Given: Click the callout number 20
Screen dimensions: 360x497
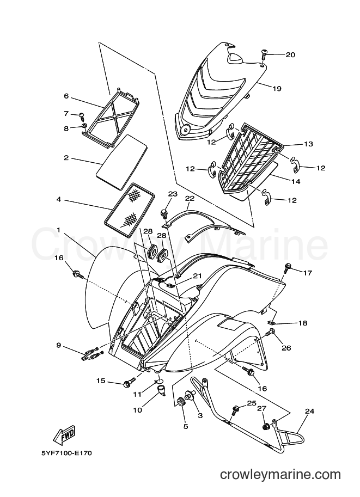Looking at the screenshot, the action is [x=290, y=55].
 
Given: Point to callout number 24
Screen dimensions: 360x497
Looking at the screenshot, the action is [x=309, y=412].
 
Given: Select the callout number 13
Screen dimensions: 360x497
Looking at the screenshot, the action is [x=309, y=144].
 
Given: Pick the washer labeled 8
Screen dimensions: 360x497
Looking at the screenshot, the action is [x=84, y=127].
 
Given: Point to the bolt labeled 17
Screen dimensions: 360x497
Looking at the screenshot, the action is [x=288, y=268].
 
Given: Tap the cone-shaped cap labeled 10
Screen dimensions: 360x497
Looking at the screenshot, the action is [x=162, y=389].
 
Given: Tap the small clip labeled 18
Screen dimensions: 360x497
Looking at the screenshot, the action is [x=271, y=323].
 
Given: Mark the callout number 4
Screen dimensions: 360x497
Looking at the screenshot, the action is [x=59, y=200].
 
